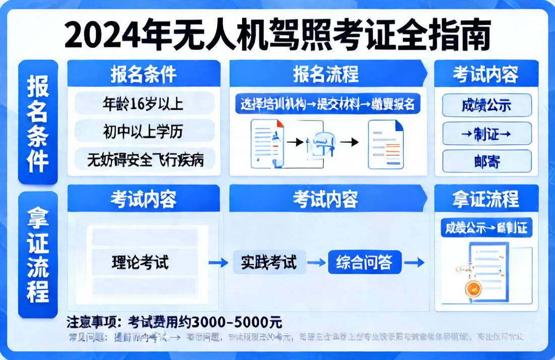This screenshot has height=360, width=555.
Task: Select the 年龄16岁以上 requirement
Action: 143,103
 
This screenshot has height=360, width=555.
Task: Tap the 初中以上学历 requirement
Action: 143,132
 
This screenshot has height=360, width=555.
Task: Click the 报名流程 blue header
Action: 326,74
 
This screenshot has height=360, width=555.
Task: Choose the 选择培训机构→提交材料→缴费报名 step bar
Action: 328,104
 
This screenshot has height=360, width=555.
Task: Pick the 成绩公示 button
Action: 486,105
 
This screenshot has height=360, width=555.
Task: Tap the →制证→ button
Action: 486,134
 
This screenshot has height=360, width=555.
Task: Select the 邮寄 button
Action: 486,161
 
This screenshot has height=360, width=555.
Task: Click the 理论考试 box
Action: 141,262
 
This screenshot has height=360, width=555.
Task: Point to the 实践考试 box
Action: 269,262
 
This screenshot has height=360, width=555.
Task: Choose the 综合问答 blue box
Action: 364,262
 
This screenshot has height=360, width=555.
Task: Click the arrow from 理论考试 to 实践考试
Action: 218,262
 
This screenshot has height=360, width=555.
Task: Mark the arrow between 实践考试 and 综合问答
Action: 317,262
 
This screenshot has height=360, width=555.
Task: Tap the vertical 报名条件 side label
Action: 38,123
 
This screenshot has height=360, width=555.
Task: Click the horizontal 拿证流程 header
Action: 486,198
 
